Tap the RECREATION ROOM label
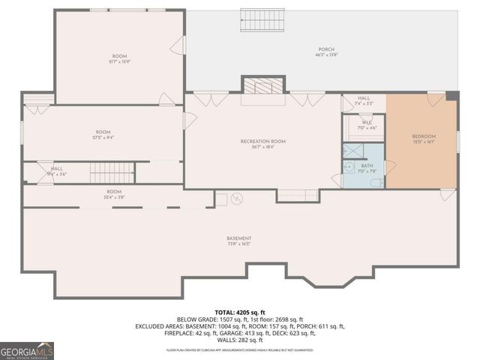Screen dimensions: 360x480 tap(262, 141)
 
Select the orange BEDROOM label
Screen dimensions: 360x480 tap(424, 136)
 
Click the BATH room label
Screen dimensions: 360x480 tap(367, 166)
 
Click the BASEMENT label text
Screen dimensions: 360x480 tap(238, 238)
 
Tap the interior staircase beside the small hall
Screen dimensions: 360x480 tap(112, 175)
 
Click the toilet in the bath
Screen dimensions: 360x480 tap(377, 182)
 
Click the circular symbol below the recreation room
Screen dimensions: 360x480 tap(238, 199)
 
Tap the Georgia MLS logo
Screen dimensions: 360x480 tap(27, 350)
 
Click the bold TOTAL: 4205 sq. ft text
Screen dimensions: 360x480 tap(240, 312)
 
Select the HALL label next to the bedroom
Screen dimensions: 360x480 tap(364, 99)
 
